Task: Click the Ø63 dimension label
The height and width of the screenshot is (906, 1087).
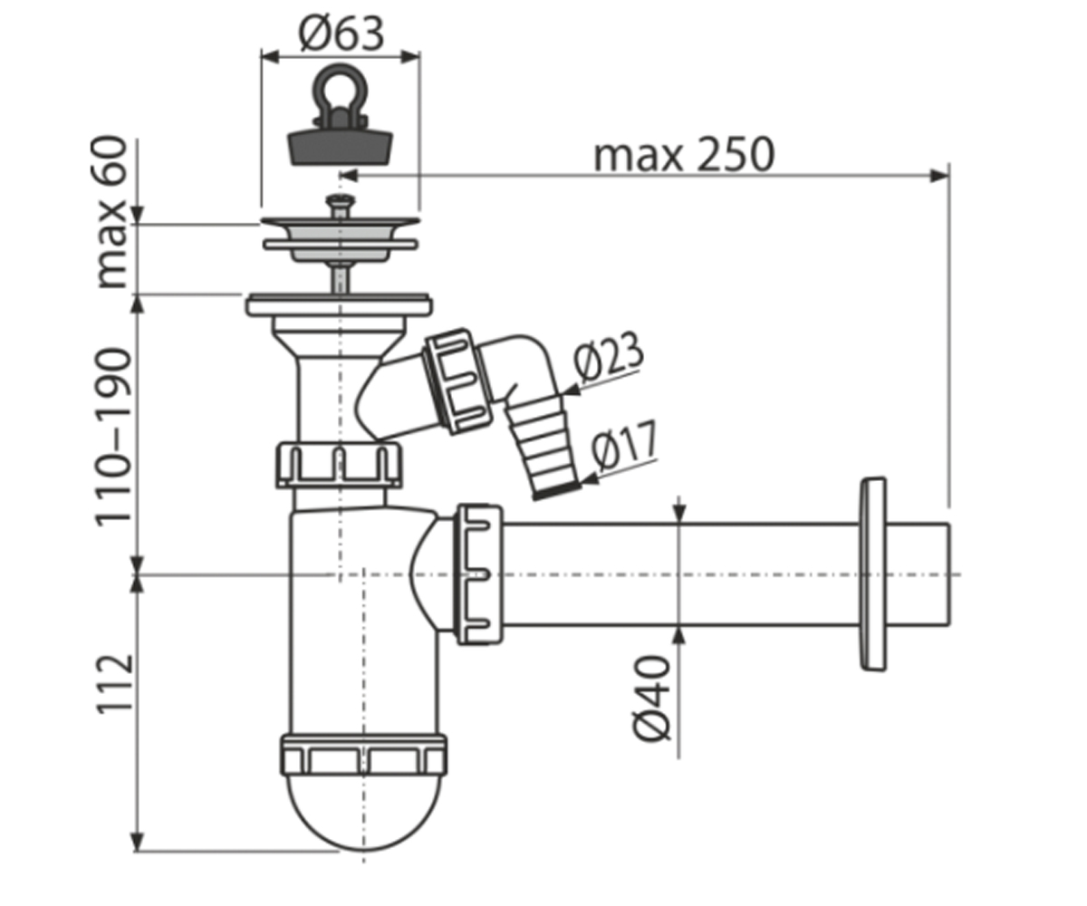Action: coord(341,34)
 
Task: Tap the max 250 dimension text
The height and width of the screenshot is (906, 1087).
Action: coord(684,155)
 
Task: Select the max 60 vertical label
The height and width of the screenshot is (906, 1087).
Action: coord(112,212)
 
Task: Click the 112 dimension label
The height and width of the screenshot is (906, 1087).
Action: coord(113,683)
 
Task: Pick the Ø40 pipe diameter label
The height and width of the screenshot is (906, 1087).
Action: coord(651,699)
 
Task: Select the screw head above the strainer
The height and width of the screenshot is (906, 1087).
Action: coord(340,200)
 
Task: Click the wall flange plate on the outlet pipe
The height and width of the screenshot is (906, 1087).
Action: coord(873,573)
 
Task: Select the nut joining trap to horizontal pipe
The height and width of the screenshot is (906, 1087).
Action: coord(479,573)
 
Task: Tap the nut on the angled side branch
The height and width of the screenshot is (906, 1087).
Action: coord(458,381)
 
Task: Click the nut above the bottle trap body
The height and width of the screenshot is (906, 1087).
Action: coord(339,465)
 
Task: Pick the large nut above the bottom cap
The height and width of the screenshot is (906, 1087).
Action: coord(363,755)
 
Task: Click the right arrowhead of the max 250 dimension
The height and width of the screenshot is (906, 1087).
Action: coord(940,176)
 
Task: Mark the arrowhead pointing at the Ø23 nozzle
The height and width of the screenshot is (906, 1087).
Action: coord(571,389)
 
